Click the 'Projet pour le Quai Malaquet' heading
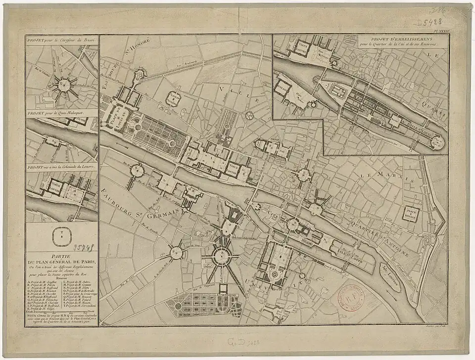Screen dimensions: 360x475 [58, 112]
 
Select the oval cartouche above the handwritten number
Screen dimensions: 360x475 [61, 232]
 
